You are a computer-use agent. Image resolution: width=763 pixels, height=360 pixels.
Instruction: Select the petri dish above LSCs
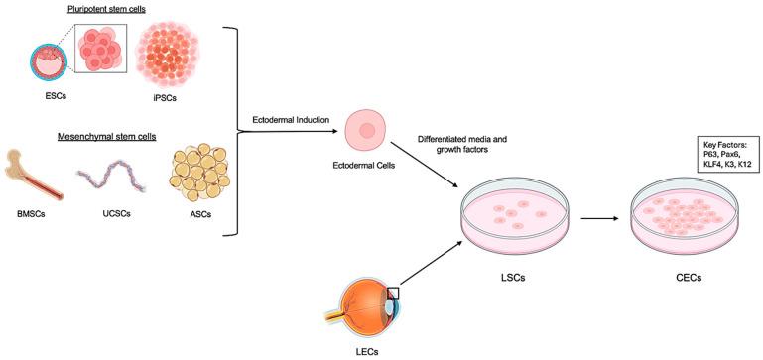point(515,214)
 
